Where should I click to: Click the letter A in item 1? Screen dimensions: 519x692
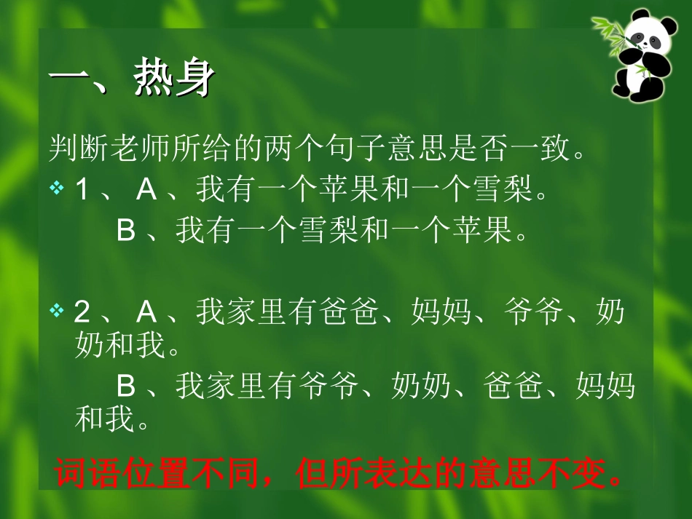(x=147, y=191)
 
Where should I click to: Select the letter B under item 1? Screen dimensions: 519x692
(x=127, y=231)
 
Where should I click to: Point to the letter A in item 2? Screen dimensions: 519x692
(x=147, y=313)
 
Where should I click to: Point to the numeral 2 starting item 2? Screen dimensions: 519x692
(x=82, y=313)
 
